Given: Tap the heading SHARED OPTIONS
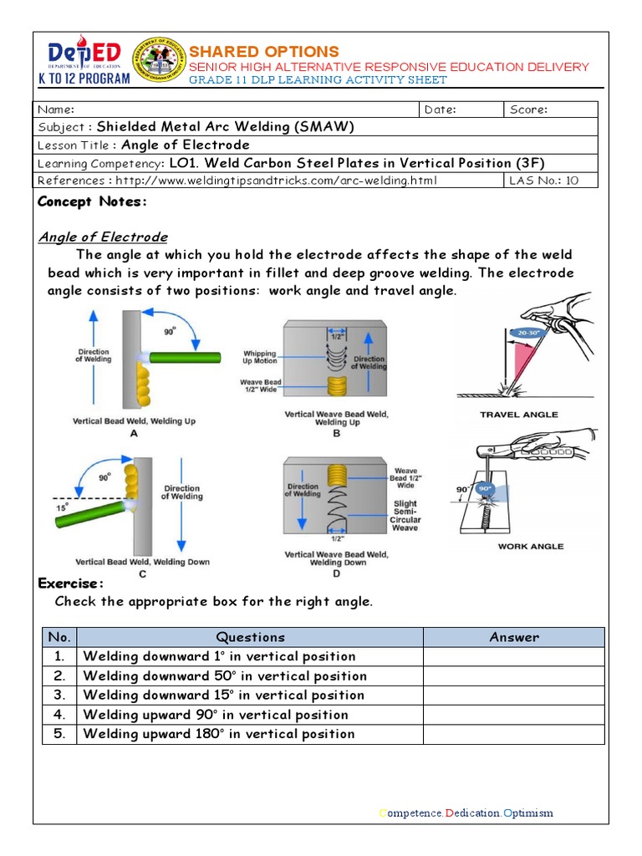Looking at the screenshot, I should pos(264,52).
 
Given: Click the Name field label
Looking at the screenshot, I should pos(57,110).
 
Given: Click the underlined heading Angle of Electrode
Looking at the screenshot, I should pos(103,237).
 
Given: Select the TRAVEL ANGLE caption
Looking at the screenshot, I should pos(518,415).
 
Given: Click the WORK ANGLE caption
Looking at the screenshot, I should pos(530,546).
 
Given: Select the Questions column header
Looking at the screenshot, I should pos(250,637).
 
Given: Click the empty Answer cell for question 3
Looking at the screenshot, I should pos(513,695).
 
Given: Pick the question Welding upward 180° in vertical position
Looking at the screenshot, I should pos(218,734).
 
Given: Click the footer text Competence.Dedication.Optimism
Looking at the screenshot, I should pos(466,813).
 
